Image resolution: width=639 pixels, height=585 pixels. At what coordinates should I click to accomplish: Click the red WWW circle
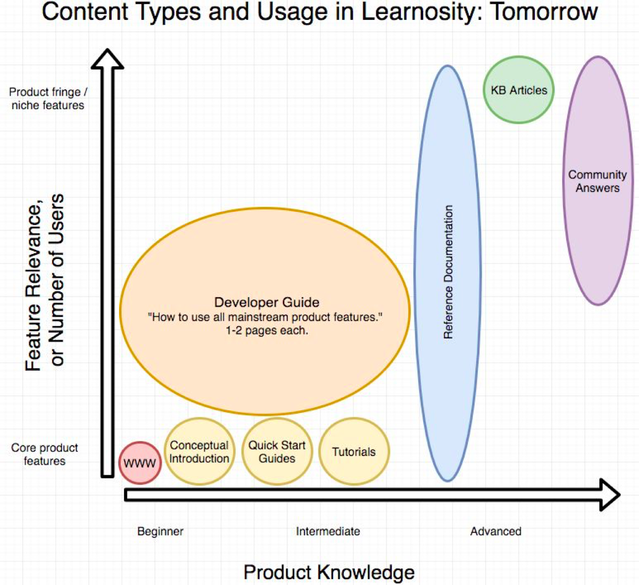[x=140, y=463]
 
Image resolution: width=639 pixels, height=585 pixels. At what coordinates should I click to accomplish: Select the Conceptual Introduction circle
[x=199, y=452]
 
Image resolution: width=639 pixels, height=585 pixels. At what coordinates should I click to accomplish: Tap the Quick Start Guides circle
[x=277, y=452]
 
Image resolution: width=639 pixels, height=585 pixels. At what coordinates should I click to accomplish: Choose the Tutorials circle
[x=354, y=452]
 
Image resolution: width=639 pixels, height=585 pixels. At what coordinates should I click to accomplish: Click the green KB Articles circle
[x=518, y=90]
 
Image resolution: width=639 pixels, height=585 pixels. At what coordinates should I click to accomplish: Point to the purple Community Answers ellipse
[x=598, y=181]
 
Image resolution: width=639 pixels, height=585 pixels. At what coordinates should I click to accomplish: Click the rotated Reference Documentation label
[x=448, y=272]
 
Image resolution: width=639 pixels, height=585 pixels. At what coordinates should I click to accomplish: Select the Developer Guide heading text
[x=266, y=302]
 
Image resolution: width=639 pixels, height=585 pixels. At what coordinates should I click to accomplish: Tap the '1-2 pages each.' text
[x=266, y=330]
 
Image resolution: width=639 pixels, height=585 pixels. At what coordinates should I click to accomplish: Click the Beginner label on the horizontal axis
[x=160, y=531]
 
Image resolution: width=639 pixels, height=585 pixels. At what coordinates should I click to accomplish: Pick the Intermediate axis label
[x=328, y=531]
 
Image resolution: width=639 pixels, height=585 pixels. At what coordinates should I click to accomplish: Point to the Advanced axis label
[x=496, y=531]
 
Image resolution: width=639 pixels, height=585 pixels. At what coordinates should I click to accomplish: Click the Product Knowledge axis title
[x=329, y=572]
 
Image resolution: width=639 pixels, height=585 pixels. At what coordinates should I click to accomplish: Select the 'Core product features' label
[x=45, y=454]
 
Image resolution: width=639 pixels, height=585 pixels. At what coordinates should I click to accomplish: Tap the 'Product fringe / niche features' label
[x=48, y=98]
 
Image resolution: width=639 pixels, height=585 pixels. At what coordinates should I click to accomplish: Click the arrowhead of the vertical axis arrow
[x=108, y=59]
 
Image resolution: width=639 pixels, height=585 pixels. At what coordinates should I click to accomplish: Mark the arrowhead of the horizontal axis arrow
[x=610, y=495]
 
